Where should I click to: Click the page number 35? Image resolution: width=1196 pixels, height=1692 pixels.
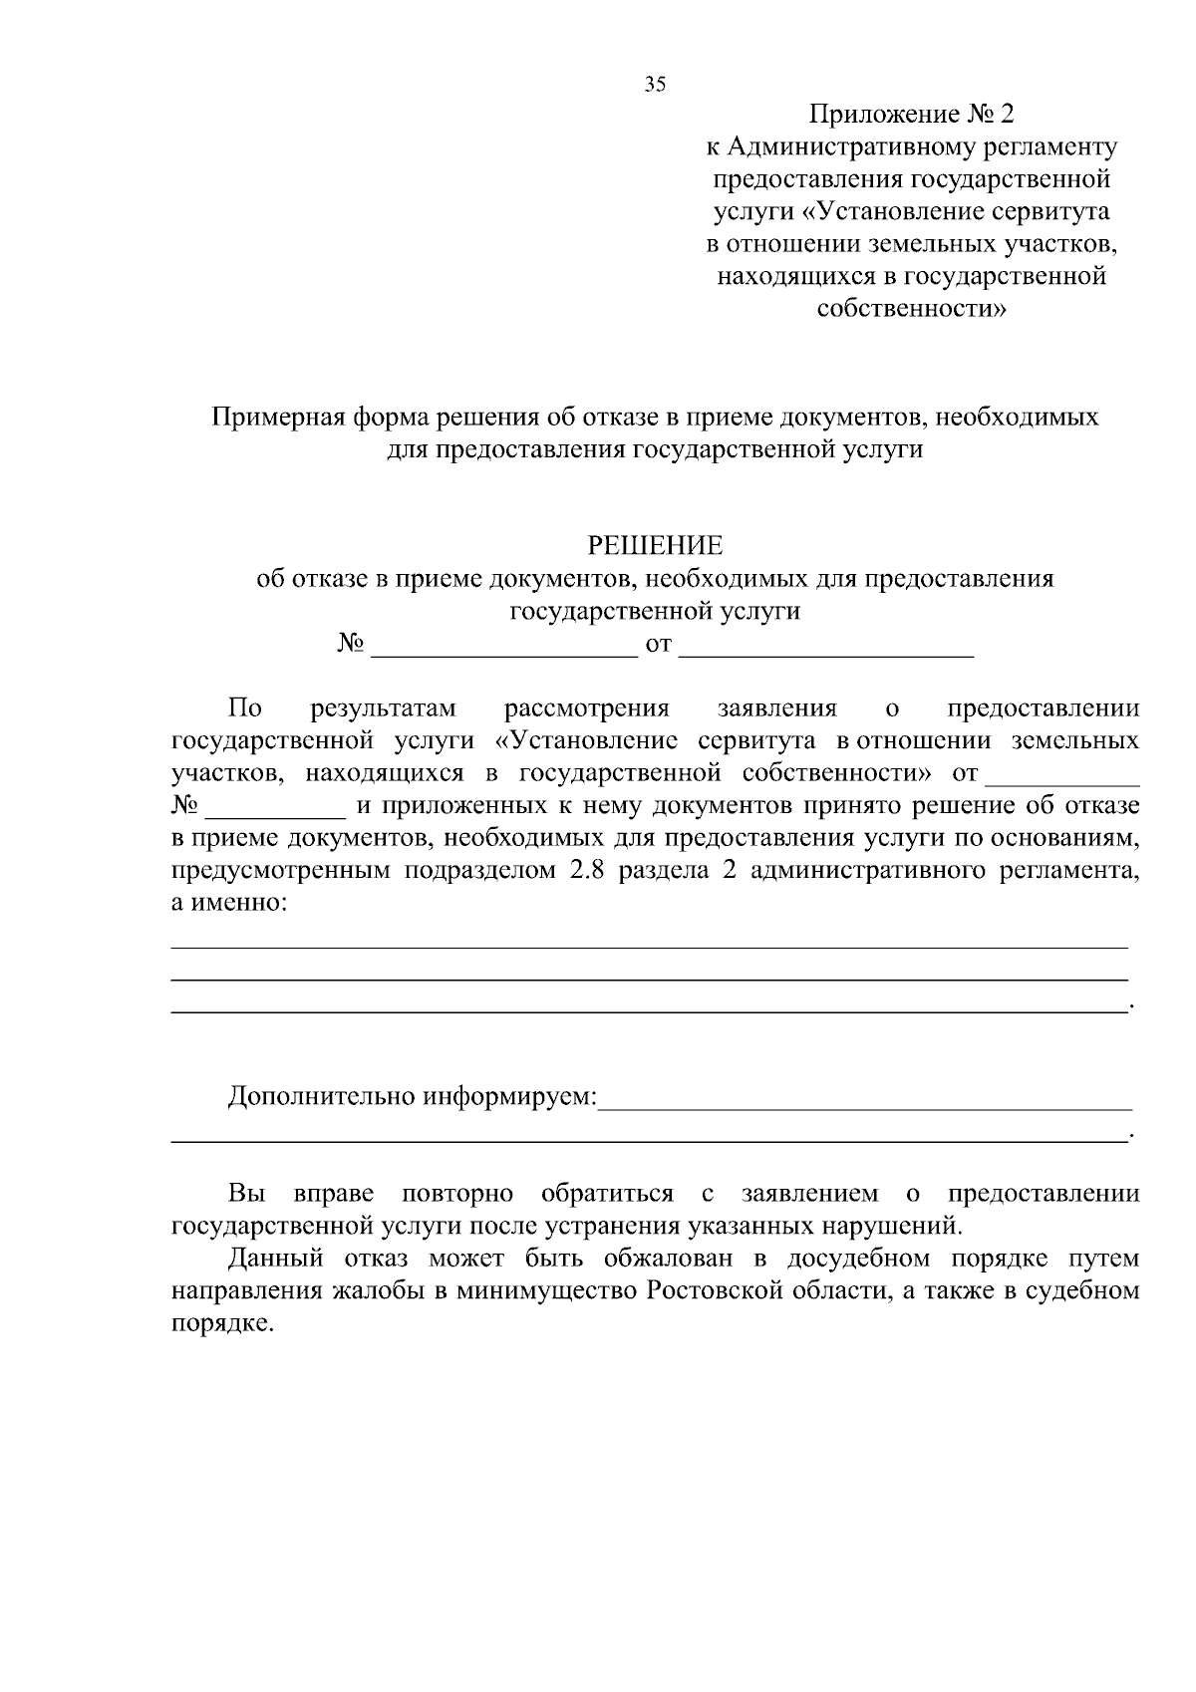655,85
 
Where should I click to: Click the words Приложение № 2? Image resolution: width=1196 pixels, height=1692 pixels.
912,115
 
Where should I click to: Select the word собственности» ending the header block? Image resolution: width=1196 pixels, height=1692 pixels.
912,309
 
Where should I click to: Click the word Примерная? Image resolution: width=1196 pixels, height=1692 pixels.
278,417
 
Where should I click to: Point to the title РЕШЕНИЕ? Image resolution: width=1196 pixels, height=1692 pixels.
655,546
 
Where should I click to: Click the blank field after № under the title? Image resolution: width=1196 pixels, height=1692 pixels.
503,648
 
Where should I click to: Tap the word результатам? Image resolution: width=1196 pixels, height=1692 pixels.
383,708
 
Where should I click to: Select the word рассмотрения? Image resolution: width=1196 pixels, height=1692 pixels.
587,708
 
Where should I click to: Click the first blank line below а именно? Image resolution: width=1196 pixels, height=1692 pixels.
650,945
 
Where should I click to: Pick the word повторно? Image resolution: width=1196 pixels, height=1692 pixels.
457,1194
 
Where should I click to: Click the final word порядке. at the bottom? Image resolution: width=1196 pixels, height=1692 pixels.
221,1325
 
